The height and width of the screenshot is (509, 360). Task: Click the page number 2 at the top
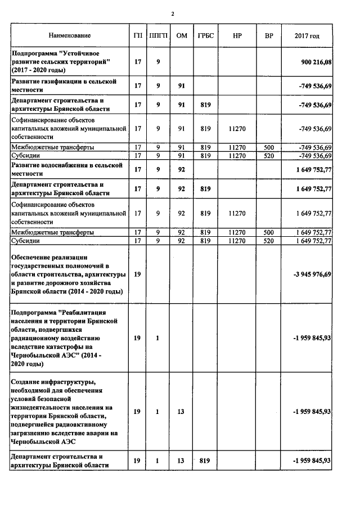[x=173, y=13]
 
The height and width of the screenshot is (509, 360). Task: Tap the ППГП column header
[x=158, y=36]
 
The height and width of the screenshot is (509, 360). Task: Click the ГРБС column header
[x=205, y=36]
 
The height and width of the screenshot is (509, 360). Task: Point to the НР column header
[x=237, y=36]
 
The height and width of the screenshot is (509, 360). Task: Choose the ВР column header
[x=269, y=36]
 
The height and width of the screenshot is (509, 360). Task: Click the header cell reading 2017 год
[x=307, y=36]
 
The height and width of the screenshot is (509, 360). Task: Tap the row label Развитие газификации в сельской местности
[x=64, y=85]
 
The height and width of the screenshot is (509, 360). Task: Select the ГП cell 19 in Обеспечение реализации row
[x=137, y=274]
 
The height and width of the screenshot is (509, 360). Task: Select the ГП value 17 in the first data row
[x=137, y=61]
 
